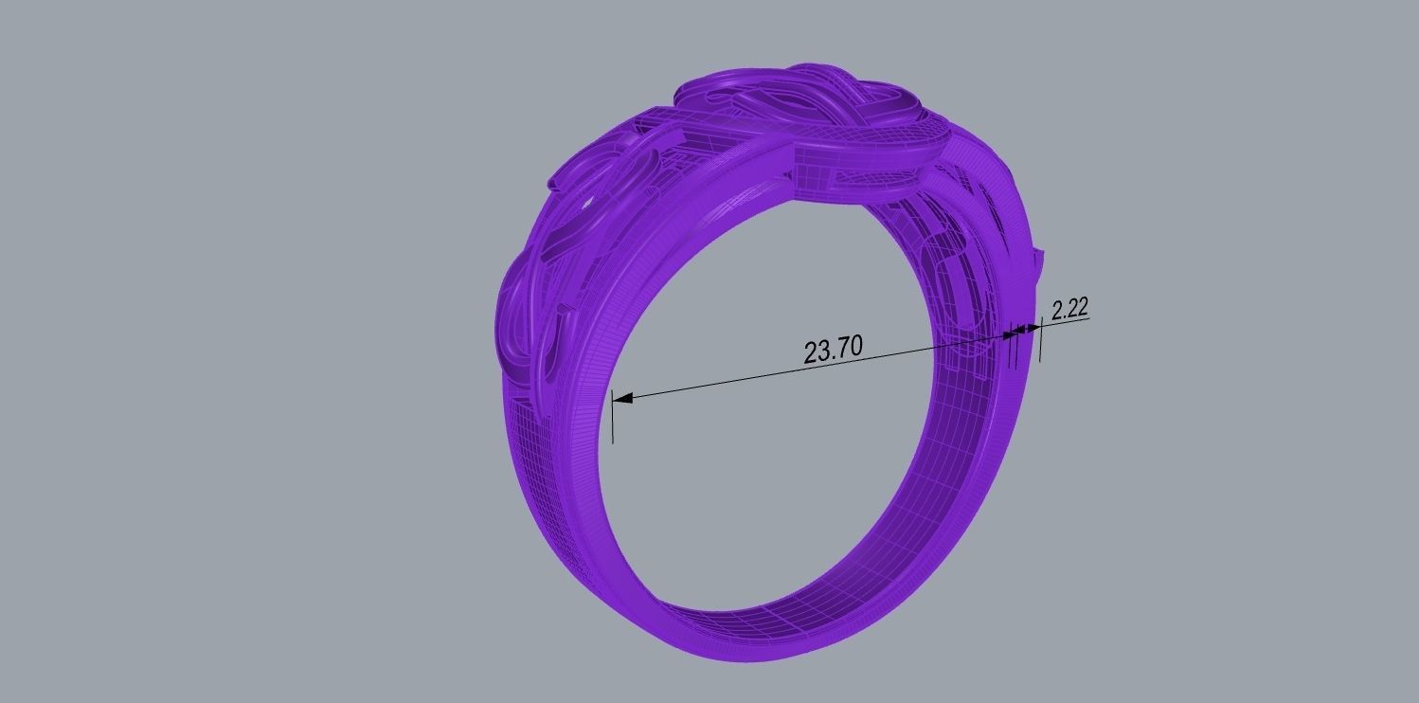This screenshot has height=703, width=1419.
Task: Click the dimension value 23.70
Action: pos(833,350)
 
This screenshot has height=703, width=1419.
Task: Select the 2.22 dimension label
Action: pos(1069,308)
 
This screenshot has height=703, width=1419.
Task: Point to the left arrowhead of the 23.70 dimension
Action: pos(623,398)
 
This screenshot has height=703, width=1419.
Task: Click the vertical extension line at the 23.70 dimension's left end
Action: pos(613,417)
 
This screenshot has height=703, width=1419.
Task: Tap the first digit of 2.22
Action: pos(1055,310)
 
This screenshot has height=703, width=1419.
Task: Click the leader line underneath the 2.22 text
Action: pos(1066,320)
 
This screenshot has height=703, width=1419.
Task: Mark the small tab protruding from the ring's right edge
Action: pos(1041,258)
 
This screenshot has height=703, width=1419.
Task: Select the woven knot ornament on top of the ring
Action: pos(805,104)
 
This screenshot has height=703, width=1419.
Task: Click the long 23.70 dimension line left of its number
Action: pos(710,379)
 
